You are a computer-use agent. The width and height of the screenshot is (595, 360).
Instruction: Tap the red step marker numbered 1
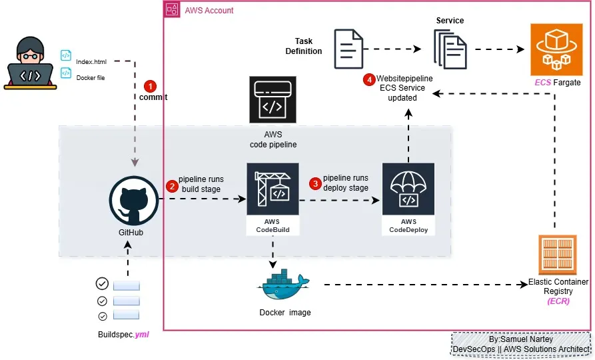(x=151, y=86)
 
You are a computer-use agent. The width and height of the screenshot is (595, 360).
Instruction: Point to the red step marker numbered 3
(x=315, y=183)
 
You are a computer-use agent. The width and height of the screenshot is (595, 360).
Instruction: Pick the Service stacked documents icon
(x=450, y=50)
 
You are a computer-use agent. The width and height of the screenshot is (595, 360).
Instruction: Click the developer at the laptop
(x=29, y=64)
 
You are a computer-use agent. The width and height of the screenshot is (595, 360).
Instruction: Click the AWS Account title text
(x=209, y=10)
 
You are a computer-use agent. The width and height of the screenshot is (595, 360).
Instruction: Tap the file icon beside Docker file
(x=65, y=73)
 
